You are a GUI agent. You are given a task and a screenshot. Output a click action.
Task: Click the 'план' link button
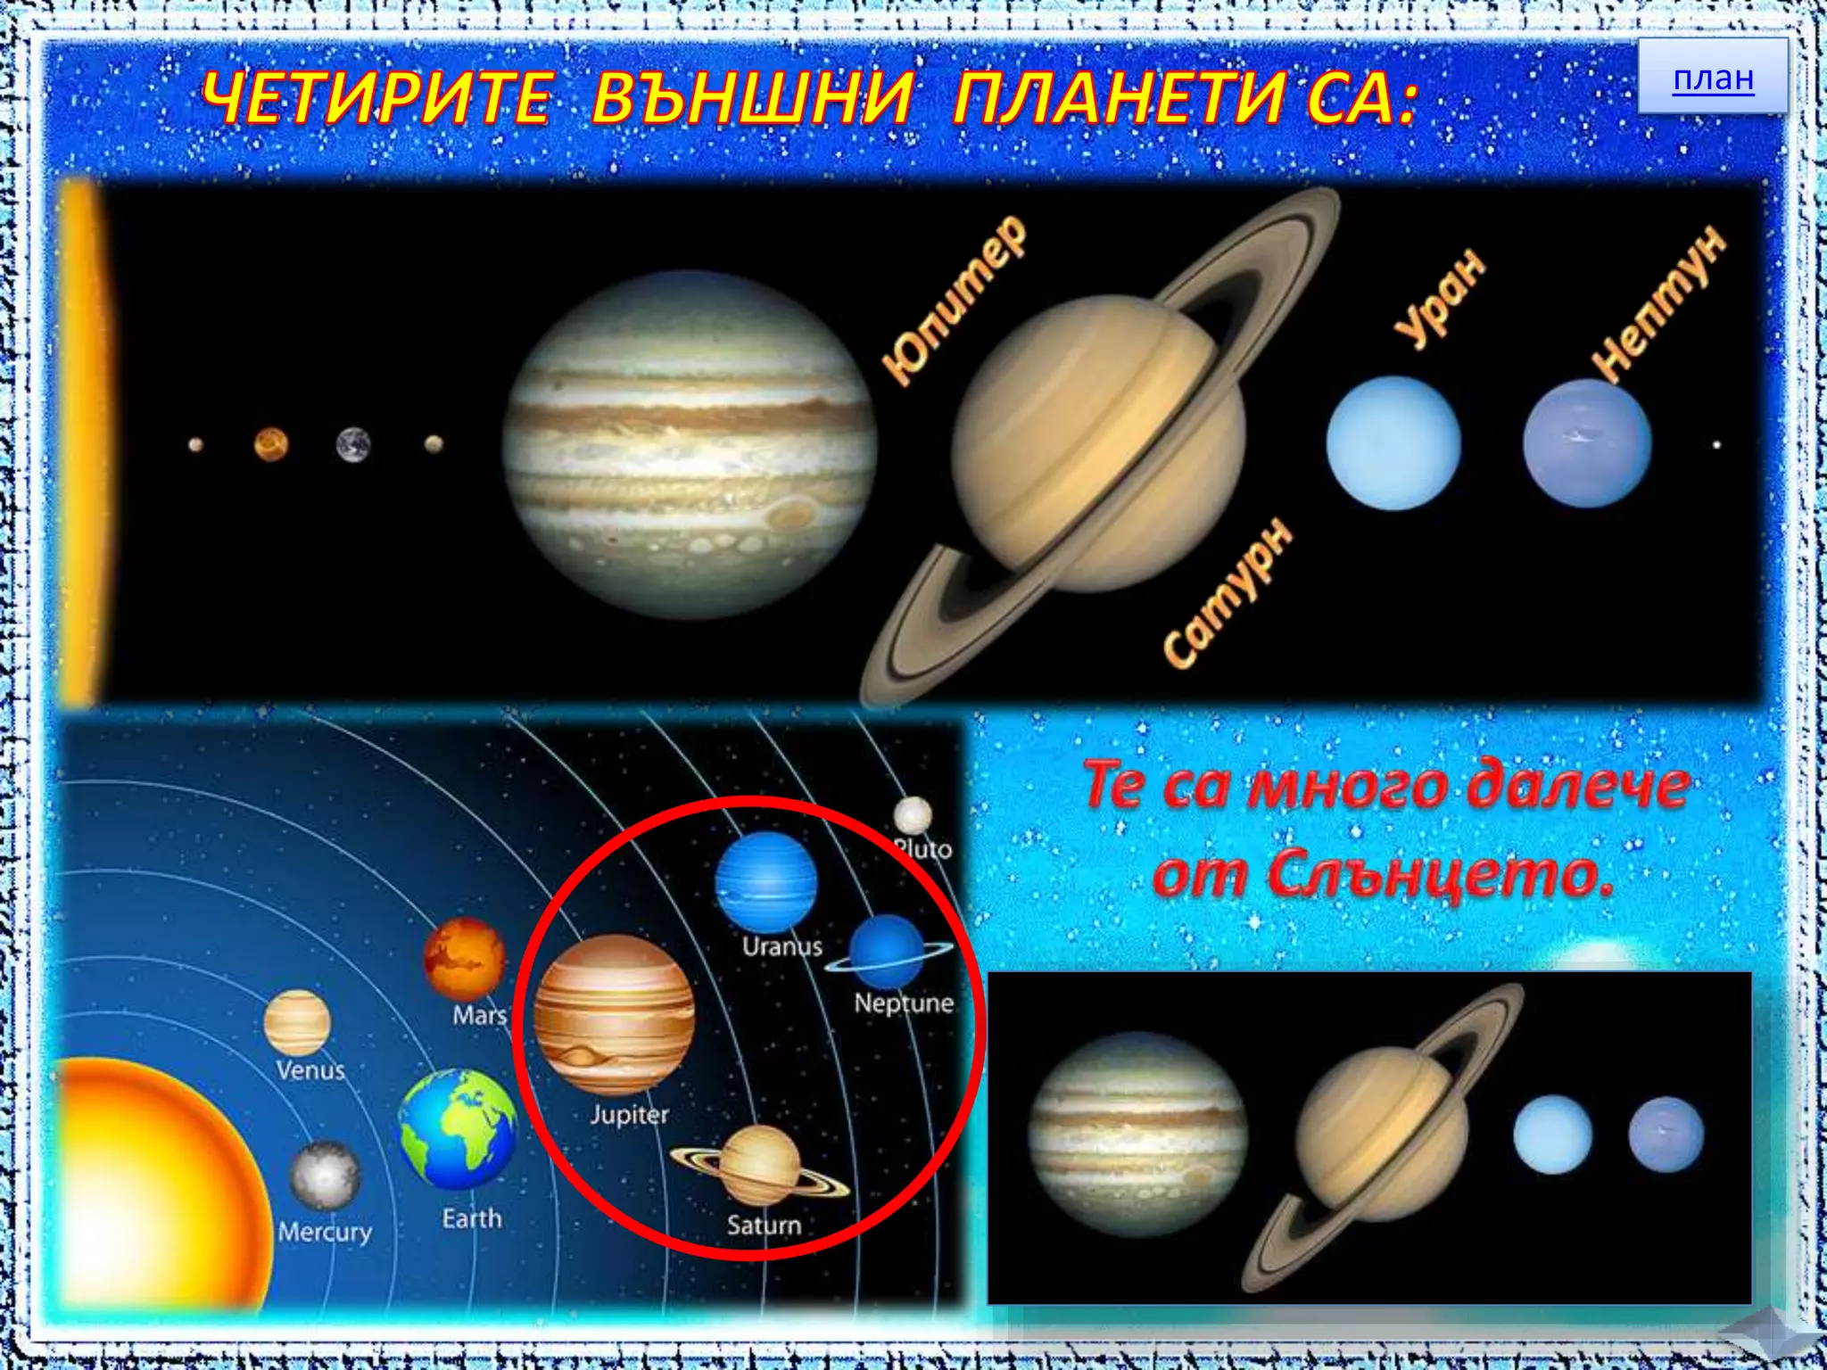click(x=1713, y=78)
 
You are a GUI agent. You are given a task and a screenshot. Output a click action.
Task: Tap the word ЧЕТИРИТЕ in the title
click(x=376, y=98)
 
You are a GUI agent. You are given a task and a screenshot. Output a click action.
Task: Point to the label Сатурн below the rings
click(x=1228, y=594)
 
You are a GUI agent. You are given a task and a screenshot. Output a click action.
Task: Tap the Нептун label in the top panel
click(x=1659, y=303)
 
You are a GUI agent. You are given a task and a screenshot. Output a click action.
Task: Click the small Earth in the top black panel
click(x=353, y=444)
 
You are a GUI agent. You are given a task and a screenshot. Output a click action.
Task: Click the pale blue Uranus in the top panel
click(x=1393, y=443)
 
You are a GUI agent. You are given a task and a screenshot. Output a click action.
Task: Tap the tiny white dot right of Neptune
click(x=1716, y=444)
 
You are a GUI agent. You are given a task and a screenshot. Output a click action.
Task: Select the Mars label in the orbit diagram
click(x=479, y=1015)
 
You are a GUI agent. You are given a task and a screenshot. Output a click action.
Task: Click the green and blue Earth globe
click(x=457, y=1129)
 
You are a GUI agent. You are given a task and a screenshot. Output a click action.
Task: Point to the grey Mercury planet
click(x=325, y=1176)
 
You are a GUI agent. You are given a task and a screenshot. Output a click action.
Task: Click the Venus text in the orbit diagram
click(x=310, y=1069)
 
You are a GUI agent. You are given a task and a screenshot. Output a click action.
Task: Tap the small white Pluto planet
click(x=913, y=814)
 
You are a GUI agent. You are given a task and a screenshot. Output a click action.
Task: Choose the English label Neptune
click(x=903, y=1003)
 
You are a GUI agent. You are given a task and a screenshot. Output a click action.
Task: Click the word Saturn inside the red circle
click(x=764, y=1225)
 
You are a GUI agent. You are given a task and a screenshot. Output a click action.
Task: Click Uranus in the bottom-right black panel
click(x=1552, y=1134)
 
